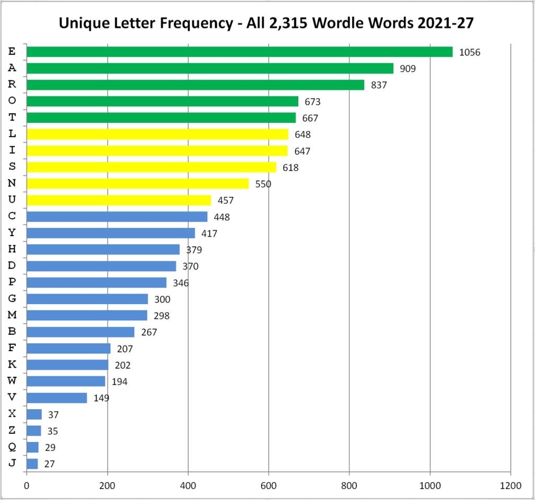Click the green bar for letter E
pos(239,51)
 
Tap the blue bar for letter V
pos(56,398)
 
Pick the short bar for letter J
pos(32,464)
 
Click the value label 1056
pos(469,52)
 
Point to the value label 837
pos(379,85)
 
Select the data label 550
pos(263,184)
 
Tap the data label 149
pos(101,399)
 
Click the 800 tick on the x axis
pos(349,485)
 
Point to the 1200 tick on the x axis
pos(510,485)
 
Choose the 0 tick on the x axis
pos(26,485)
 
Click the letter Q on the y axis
pos(12,447)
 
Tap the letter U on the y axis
pos(12,200)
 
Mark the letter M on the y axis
pos(12,315)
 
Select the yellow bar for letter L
pos(157,134)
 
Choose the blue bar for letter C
pos(117,216)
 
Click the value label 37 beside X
pos(53,415)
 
